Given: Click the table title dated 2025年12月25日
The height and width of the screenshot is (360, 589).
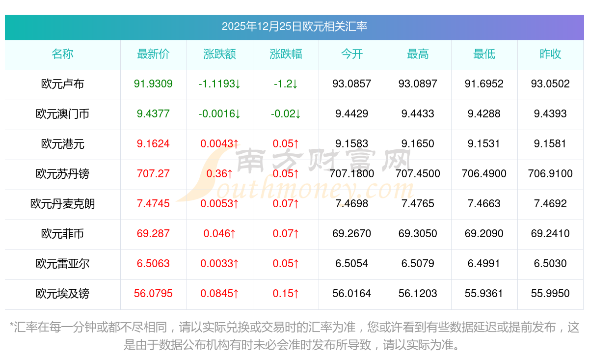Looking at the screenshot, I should pos(294,27).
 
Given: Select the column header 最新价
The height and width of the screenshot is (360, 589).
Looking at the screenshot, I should pos(153,55).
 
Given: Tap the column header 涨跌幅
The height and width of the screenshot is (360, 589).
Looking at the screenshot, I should pos(286,55).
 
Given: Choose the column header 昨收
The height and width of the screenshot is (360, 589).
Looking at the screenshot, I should pos(550,55).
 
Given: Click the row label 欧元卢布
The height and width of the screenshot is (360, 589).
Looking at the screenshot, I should pos(62,84).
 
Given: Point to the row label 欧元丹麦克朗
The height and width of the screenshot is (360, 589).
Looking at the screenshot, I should pos(62,204).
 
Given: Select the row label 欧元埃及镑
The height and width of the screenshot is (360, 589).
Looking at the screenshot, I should pos(62,294).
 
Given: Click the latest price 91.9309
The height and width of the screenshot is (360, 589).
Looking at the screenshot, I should pos(153,84).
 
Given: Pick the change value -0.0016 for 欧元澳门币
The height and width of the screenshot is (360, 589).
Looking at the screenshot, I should pos(219,114).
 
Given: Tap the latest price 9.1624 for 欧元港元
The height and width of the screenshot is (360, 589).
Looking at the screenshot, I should pos(153,144).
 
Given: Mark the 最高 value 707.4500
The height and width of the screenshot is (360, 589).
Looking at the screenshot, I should pos(418,174).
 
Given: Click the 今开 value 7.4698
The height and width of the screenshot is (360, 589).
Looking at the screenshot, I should pos(351,204).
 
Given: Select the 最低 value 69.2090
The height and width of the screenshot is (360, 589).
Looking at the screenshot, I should pos(484,234).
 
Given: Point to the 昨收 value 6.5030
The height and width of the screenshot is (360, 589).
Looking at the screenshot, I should pos(550,264).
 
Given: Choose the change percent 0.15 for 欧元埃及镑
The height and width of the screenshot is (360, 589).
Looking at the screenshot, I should pos(286,294).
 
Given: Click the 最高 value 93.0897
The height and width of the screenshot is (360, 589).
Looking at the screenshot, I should pos(418,84).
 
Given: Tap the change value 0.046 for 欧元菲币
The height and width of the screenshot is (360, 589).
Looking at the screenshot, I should pos(219,234).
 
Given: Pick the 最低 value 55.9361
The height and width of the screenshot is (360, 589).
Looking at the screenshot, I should pos(484,294).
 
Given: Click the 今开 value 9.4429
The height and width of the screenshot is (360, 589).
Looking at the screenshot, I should pos(351,114).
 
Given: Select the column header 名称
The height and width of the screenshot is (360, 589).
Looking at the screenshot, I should pos(62,55).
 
